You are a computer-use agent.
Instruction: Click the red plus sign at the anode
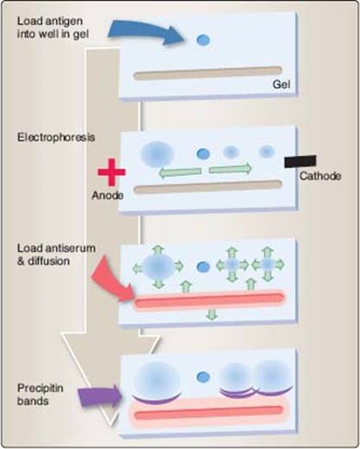pos(111,172)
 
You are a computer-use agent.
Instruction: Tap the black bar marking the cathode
pos(301,161)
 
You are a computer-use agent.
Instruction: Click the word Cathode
pos(320,176)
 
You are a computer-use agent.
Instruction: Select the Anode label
pos(108,196)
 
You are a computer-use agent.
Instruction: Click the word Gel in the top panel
pos(282,84)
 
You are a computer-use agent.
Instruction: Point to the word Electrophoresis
pos(56,137)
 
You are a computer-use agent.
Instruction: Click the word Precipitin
pos(40,388)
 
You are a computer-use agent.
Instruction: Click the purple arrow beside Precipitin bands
pos(100,396)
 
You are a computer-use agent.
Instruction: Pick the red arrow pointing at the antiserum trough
pos(113,282)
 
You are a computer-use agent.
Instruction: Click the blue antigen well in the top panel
pos(203,40)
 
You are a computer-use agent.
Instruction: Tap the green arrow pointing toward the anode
pos(180,172)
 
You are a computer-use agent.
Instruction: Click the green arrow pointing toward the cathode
pos(230,168)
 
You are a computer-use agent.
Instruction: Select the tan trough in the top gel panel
pos(208,73)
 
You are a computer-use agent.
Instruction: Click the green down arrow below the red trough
pos(212,315)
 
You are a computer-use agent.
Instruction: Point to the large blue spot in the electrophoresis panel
pos(157,154)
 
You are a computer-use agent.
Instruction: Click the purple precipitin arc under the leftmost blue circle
pos(157,399)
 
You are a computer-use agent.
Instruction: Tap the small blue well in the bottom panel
pos(203,377)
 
